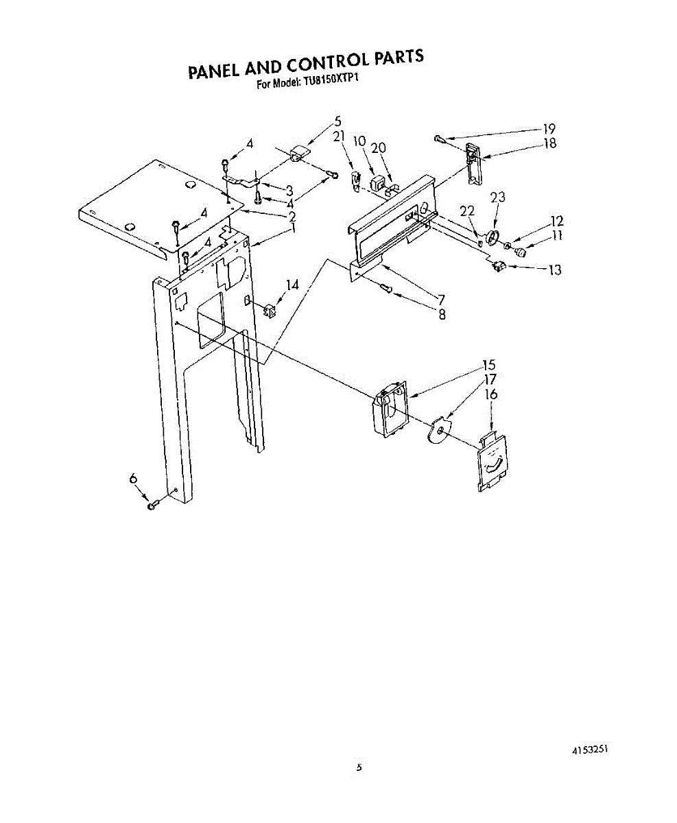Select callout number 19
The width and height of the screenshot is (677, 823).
(549, 128)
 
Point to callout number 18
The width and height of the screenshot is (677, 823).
(549, 143)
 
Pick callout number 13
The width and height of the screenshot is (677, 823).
(554, 270)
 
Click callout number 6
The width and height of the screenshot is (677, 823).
(133, 480)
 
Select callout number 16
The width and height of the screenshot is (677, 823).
(491, 394)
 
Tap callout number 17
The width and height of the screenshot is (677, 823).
(491, 379)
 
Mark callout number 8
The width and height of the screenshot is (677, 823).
(442, 315)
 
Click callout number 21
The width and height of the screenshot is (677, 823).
(338, 136)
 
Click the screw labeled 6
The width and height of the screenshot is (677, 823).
(153, 505)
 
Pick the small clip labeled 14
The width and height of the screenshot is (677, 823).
(268, 310)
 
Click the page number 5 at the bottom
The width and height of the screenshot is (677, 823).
(359, 767)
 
